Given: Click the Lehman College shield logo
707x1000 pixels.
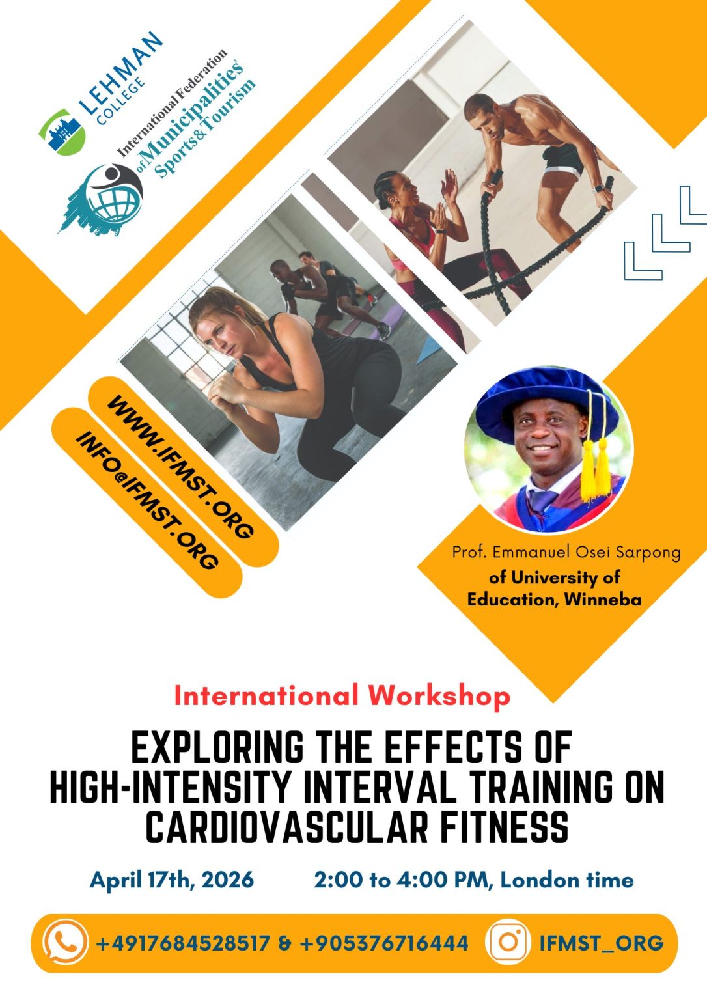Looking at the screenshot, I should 62,132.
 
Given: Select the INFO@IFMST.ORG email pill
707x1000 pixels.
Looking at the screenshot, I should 147,501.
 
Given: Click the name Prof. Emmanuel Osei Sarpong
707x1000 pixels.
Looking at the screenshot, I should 566,553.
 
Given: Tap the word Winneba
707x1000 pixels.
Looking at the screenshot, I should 603,600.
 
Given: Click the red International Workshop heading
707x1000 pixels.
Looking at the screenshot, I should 342,695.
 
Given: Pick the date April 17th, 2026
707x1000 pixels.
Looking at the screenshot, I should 172,880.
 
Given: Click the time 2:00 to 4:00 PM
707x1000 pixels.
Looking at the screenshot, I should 404,880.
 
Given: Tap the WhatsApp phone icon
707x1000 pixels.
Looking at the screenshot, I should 65,942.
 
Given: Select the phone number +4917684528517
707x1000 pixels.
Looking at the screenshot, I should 183,943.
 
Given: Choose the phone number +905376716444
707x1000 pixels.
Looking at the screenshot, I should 383,943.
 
